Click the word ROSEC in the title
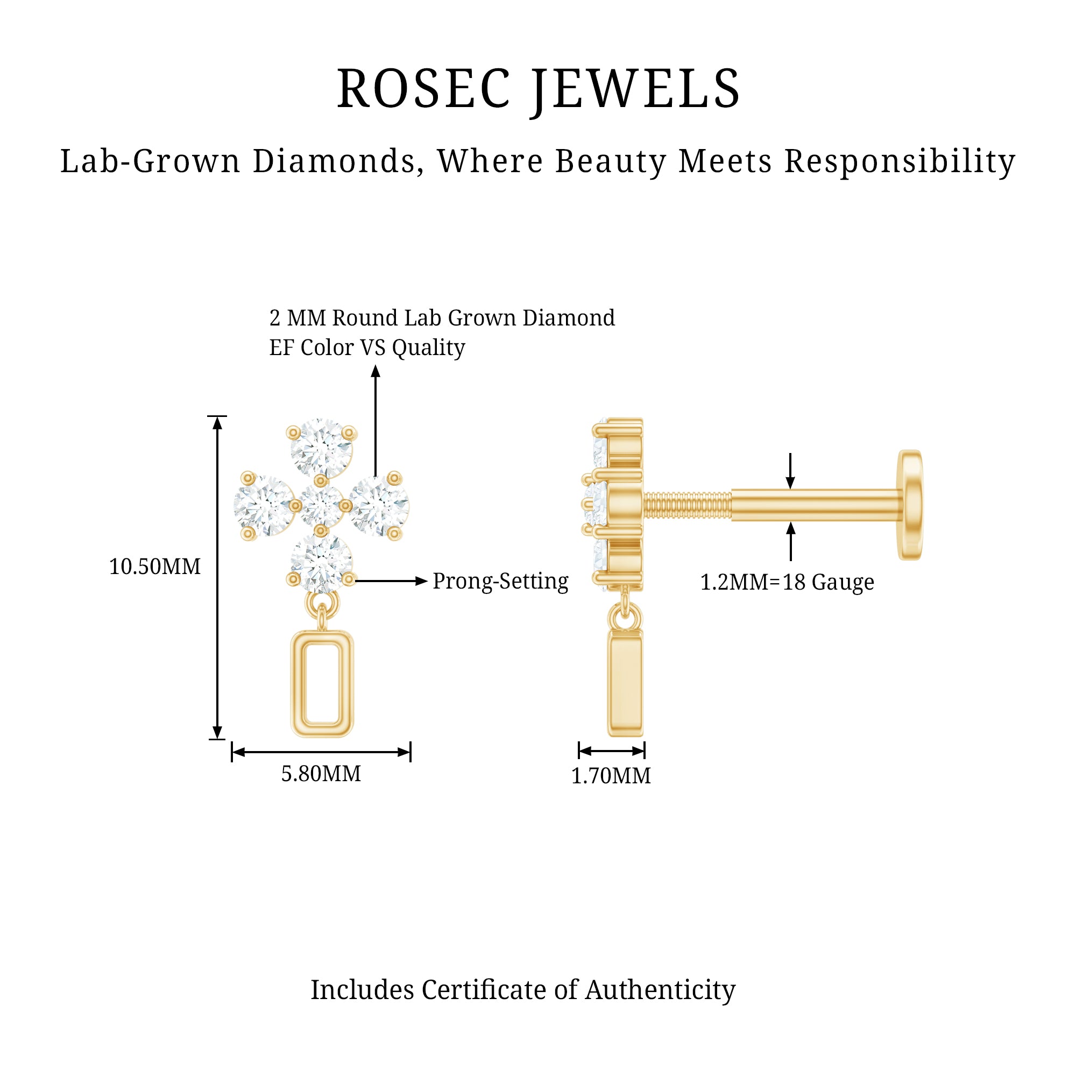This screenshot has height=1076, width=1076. pos(423,89)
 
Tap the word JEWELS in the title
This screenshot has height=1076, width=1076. pos(635,89)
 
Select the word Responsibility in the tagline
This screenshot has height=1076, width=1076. pos(900,161)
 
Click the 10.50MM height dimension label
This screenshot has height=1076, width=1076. pos(155,567)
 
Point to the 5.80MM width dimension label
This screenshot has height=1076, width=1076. pos(321,774)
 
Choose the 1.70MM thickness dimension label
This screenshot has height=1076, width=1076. pos(611,775)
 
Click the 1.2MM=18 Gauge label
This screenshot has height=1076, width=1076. pos(787,582)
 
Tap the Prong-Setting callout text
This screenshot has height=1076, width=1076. pos(500,581)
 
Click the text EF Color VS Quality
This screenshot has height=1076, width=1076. pos(367,348)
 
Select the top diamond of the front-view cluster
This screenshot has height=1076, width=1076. pos(321,448)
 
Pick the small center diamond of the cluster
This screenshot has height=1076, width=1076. pos(321,506)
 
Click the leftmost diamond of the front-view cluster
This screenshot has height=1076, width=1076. pos(264,506)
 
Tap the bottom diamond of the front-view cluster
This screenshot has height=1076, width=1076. pos(321,563)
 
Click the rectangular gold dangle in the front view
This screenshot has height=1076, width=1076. pos(322,683)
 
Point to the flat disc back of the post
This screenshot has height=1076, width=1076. pos(909,505)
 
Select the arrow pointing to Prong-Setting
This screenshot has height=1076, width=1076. pos(391,581)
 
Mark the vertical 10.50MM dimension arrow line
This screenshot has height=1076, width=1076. pos(217,577)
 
